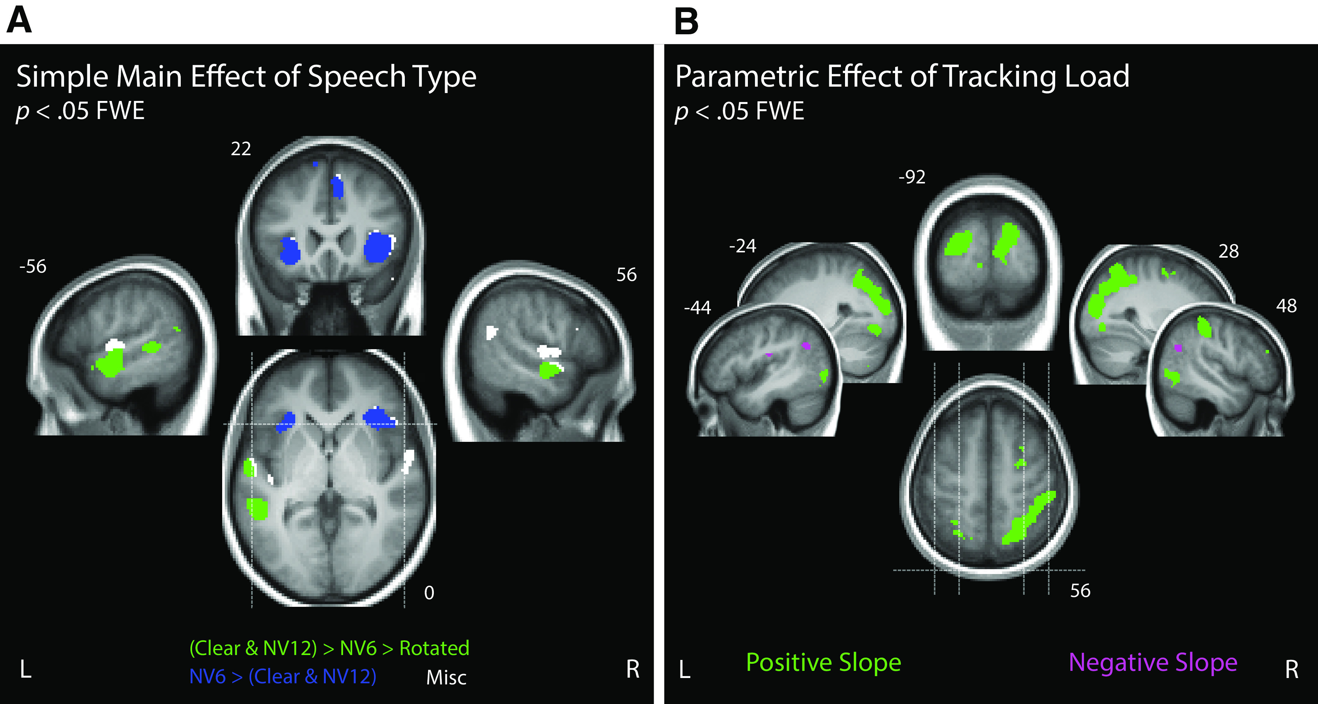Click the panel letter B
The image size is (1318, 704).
point(686,21)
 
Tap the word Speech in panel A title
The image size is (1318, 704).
point(356,77)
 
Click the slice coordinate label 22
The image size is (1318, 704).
point(241,149)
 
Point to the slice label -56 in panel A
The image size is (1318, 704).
point(33,267)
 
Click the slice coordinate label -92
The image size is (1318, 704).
point(912,177)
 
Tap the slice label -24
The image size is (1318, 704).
point(742,246)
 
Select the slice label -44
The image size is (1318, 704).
point(697,307)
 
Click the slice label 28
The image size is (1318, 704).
point(1228,251)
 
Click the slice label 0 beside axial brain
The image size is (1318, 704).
point(429,593)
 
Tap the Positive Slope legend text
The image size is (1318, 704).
point(823,663)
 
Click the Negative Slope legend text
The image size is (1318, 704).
point(1153,663)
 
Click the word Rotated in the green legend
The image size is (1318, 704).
point(434,648)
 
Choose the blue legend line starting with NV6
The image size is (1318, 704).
point(282,677)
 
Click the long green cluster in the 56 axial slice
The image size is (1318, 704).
point(1028,518)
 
